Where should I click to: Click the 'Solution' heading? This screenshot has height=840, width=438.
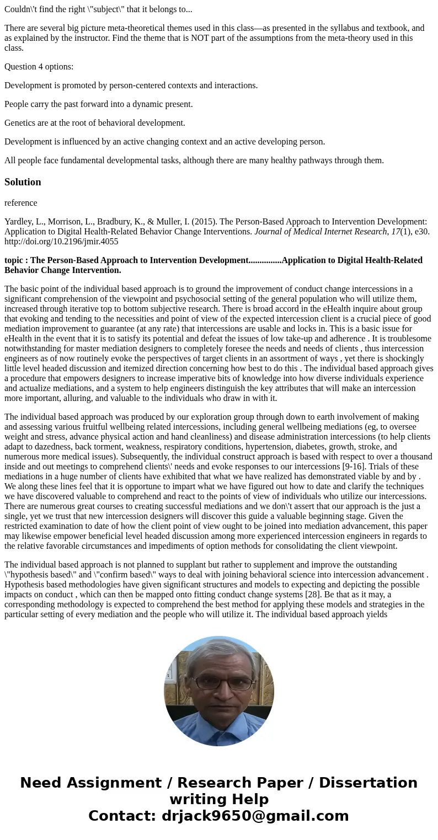(23, 182)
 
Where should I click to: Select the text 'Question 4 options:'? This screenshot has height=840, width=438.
(39, 67)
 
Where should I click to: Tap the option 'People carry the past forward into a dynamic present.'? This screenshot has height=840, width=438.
(99, 104)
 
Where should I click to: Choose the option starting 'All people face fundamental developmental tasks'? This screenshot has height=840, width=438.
(194, 160)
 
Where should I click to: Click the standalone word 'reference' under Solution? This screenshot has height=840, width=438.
(21, 203)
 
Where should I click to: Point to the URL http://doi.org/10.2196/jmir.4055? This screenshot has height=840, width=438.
(61, 242)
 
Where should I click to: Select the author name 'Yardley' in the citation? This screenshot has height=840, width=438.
(18, 222)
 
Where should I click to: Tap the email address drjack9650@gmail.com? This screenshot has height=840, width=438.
(255, 816)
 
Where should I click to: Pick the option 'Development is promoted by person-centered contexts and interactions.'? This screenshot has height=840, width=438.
(131, 85)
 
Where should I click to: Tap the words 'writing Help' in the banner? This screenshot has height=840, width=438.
(219, 799)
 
